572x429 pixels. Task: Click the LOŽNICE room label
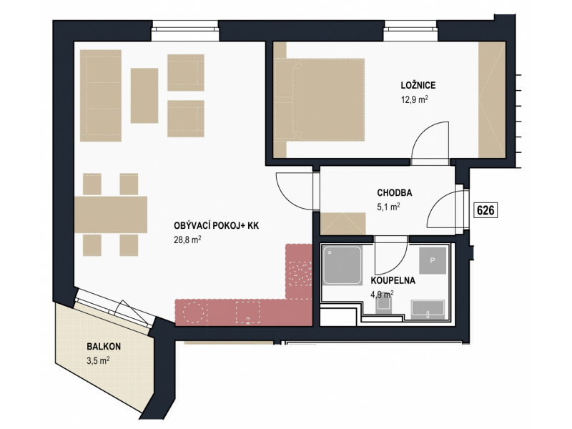click(418, 85)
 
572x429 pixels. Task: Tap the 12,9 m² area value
click(415, 99)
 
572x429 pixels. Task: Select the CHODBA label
click(395, 192)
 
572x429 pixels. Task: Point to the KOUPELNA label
click(393, 280)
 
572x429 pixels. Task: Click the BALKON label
click(104, 346)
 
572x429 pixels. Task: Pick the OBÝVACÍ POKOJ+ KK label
click(217, 226)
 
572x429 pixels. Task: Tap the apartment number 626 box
click(485, 210)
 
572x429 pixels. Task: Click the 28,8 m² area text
click(187, 240)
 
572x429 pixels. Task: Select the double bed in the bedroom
click(319, 99)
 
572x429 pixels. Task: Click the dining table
click(111, 214)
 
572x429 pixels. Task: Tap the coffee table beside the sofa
click(144, 96)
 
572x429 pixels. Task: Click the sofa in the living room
click(101, 96)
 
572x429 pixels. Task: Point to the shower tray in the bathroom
click(342, 265)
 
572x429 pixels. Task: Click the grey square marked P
click(433, 260)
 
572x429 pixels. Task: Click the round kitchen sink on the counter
click(193, 312)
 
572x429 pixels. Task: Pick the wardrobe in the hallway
click(343, 224)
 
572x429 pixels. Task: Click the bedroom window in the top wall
click(410, 31)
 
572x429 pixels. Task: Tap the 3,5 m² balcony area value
click(98, 361)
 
